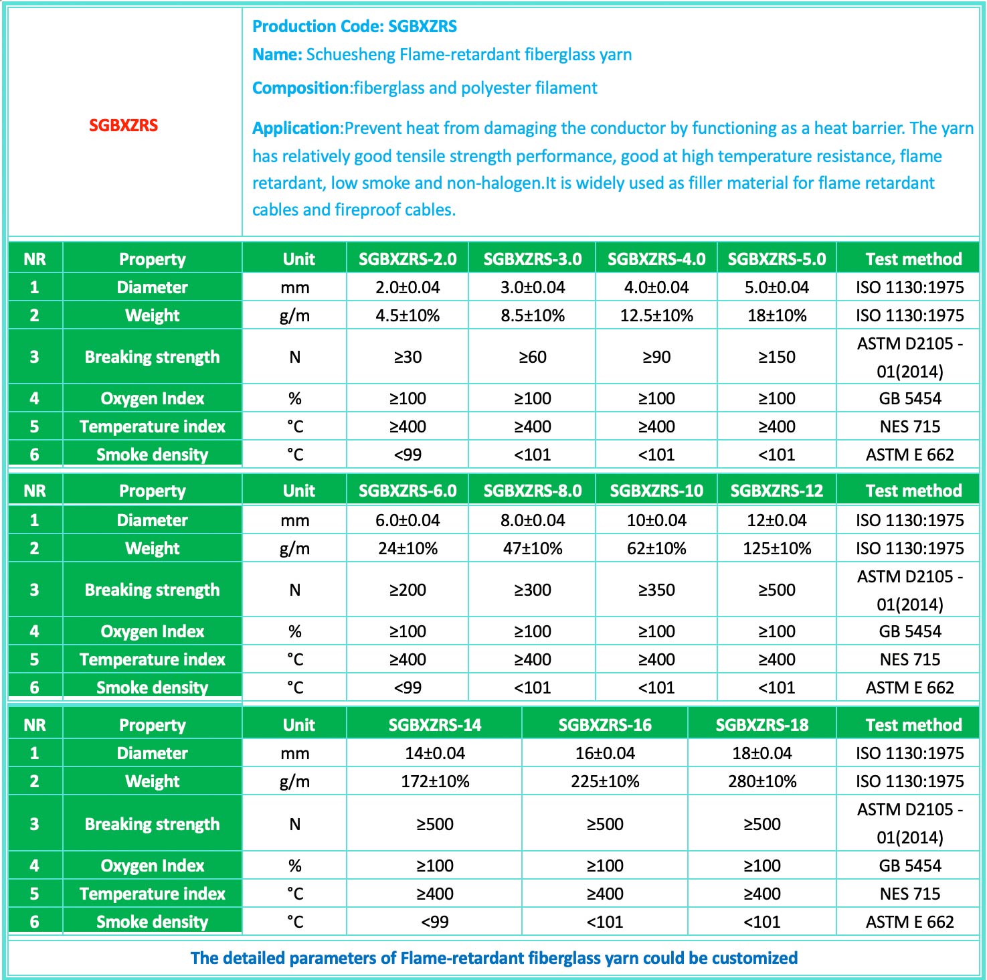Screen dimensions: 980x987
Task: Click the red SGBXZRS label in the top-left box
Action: (x=123, y=125)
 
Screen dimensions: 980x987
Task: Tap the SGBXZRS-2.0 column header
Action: (x=408, y=259)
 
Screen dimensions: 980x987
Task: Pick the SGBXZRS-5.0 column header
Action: (x=776, y=259)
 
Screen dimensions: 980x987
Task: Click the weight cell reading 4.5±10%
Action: (x=408, y=315)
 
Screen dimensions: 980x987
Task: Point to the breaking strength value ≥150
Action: (x=776, y=357)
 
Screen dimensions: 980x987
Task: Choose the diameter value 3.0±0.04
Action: (x=533, y=287)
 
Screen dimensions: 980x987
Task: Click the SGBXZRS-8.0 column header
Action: (x=533, y=491)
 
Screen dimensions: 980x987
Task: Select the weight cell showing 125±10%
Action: (x=776, y=548)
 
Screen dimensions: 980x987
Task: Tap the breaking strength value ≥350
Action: (x=656, y=590)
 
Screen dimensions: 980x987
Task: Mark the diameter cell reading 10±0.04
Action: (x=656, y=520)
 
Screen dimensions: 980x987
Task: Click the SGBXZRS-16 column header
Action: (x=605, y=725)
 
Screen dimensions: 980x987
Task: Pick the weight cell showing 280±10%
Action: (x=762, y=781)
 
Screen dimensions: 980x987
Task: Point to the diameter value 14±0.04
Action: (x=435, y=753)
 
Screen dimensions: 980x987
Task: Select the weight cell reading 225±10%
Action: (x=605, y=781)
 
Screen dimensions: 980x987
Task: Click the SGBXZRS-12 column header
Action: (x=776, y=491)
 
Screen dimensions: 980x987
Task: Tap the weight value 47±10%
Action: (x=533, y=548)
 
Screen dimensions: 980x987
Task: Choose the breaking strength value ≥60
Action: (x=533, y=357)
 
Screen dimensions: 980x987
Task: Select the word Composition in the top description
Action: (x=300, y=88)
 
